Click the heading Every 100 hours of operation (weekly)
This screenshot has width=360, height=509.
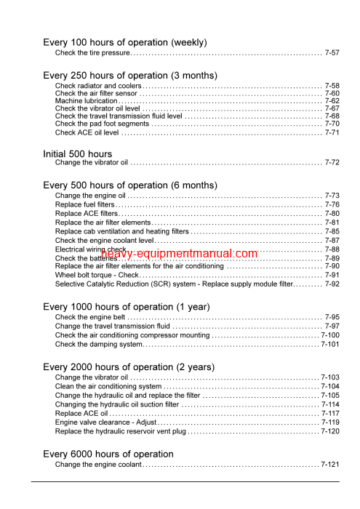125,42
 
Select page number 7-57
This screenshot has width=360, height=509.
332,53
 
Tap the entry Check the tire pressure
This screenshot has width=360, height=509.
92,53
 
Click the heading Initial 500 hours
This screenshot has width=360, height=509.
78,153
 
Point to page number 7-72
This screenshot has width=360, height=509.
332,163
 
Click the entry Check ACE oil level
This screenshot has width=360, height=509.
87,133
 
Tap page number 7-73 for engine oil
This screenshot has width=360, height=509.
332,196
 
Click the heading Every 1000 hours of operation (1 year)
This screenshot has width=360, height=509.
127,307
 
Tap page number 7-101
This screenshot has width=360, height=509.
330,344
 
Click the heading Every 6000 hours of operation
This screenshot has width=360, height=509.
108,454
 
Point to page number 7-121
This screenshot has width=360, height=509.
330,464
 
